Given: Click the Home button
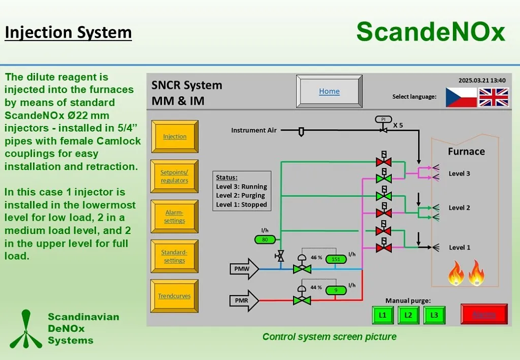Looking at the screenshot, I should tap(329, 91).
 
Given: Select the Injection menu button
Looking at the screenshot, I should tap(174, 137).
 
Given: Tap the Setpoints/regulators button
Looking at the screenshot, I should tap(174, 176).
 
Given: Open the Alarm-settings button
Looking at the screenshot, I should tap(174, 216).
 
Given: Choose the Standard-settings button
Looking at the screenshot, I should tap(174, 256).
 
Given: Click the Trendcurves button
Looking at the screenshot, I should tap(174, 296).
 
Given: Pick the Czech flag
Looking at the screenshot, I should tap(461, 97).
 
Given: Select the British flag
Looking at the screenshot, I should tap(494, 97).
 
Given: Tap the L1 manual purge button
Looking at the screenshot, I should tap(382, 315).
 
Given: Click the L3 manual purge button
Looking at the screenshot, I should tap(434, 315).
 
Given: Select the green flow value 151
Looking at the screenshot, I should tap(335, 258).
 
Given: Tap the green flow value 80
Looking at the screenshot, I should tap(265, 239).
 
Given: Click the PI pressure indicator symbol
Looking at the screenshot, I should tap(383, 119).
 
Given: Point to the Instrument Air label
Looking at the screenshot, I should tap(254, 130).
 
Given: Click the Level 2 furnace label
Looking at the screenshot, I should tap(459, 208).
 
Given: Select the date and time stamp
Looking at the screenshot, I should tap(481, 80).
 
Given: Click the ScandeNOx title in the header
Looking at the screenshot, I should tap(431, 31).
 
